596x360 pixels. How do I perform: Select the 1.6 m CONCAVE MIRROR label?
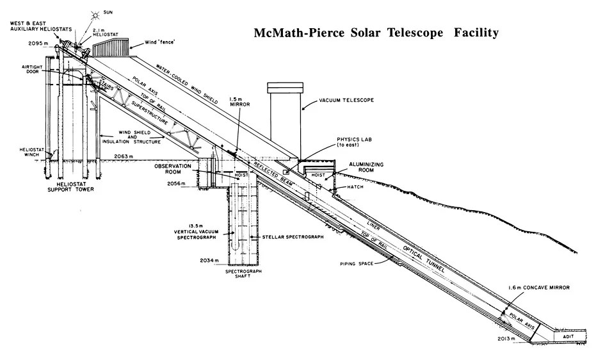(540, 287)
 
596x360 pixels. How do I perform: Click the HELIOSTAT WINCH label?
(30, 153)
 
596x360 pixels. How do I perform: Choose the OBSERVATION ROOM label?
(173, 168)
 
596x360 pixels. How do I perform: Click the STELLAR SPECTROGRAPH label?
(293, 237)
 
